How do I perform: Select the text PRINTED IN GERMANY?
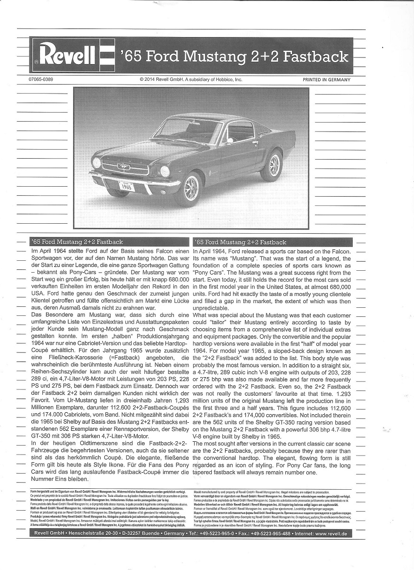tap(326, 80)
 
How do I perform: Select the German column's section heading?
tap(76, 242)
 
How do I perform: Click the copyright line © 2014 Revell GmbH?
tap(191, 79)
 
